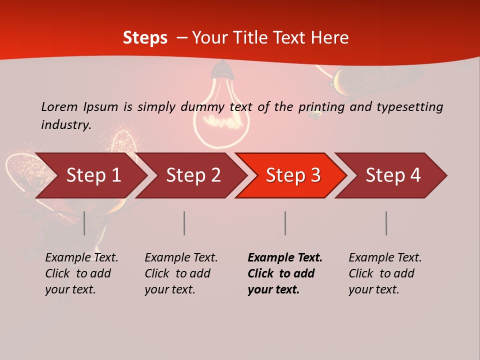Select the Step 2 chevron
tap(193, 175)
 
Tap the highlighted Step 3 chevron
tap(293, 175)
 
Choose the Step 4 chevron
tap(393, 175)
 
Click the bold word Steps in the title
tap(145, 37)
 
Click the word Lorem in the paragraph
tap(59, 106)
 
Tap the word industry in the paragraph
tap(66, 124)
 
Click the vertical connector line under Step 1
tap(84, 223)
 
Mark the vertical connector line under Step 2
tap(184, 223)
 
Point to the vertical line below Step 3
tap(285, 223)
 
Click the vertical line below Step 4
tap(386, 223)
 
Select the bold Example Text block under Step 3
tap(285, 273)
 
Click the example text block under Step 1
tap(81, 273)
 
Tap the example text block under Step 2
tap(181, 273)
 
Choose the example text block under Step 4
tap(385, 273)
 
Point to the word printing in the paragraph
tap(318, 106)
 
